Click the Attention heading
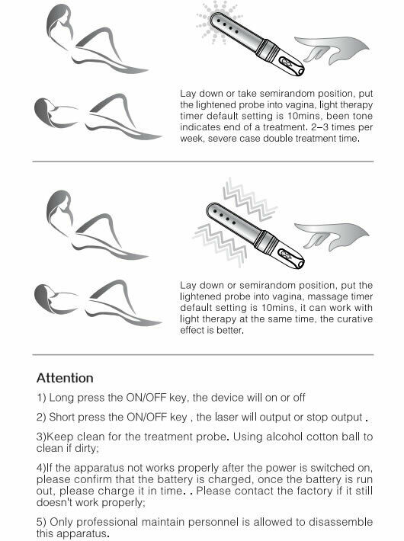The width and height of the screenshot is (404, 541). (65, 378)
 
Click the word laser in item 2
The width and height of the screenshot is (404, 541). (226, 417)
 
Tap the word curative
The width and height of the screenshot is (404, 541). (354, 319)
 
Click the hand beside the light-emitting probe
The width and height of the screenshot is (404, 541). (332, 50)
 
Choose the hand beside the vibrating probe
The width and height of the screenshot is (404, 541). (332, 236)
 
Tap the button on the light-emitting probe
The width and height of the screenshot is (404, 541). (286, 62)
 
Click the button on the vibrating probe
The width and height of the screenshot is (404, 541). (286, 255)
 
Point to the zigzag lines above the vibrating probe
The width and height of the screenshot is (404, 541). (249, 200)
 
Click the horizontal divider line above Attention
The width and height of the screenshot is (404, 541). (203, 354)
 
